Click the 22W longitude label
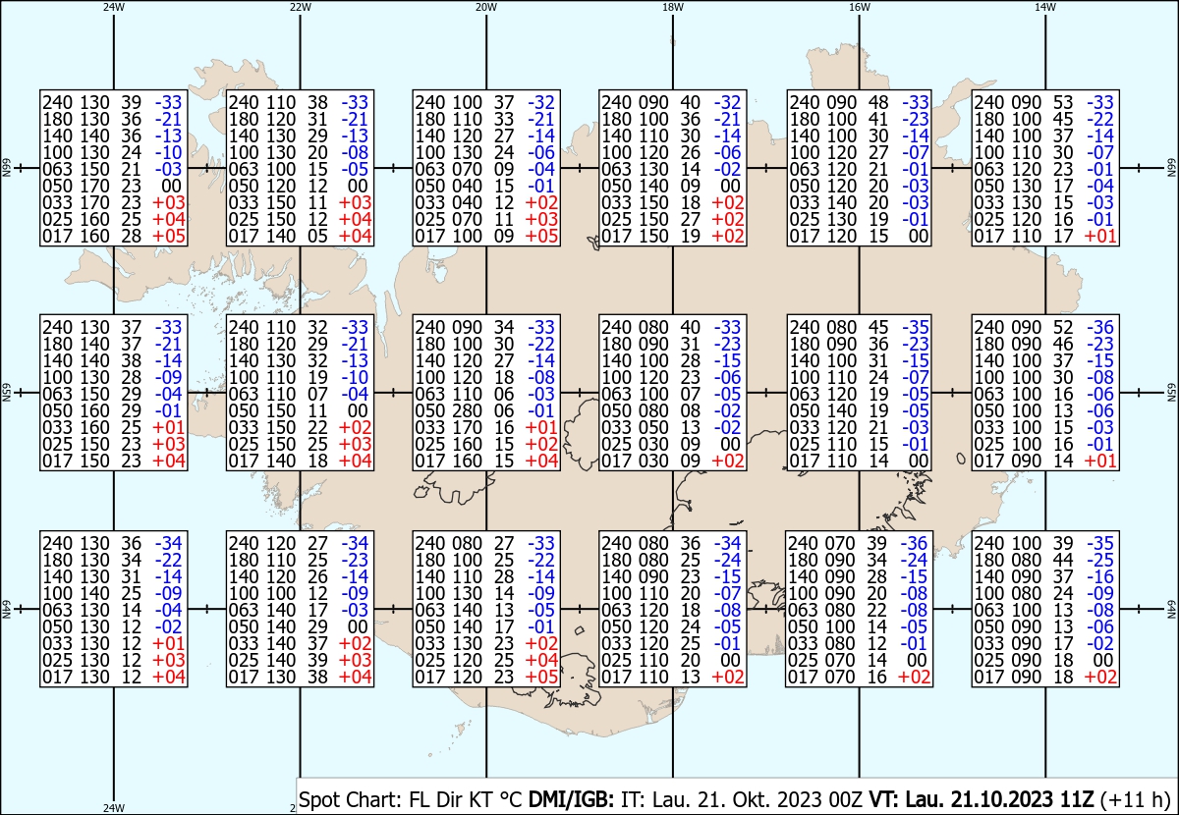(x=301, y=7)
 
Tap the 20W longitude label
(x=486, y=7)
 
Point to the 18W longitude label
(x=673, y=7)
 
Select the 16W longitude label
(x=860, y=7)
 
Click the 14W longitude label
(x=1045, y=7)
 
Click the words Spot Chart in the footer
(x=350, y=799)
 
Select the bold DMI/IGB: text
(x=571, y=799)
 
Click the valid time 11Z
(x=1071, y=799)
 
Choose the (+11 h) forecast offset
(x=1135, y=799)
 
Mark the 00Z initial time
(x=845, y=799)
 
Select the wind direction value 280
(x=466, y=410)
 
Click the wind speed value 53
(x=1063, y=102)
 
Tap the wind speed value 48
(x=879, y=102)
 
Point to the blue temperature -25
(x=1100, y=560)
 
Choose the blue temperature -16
(x=1100, y=576)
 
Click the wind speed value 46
(x=1063, y=344)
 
